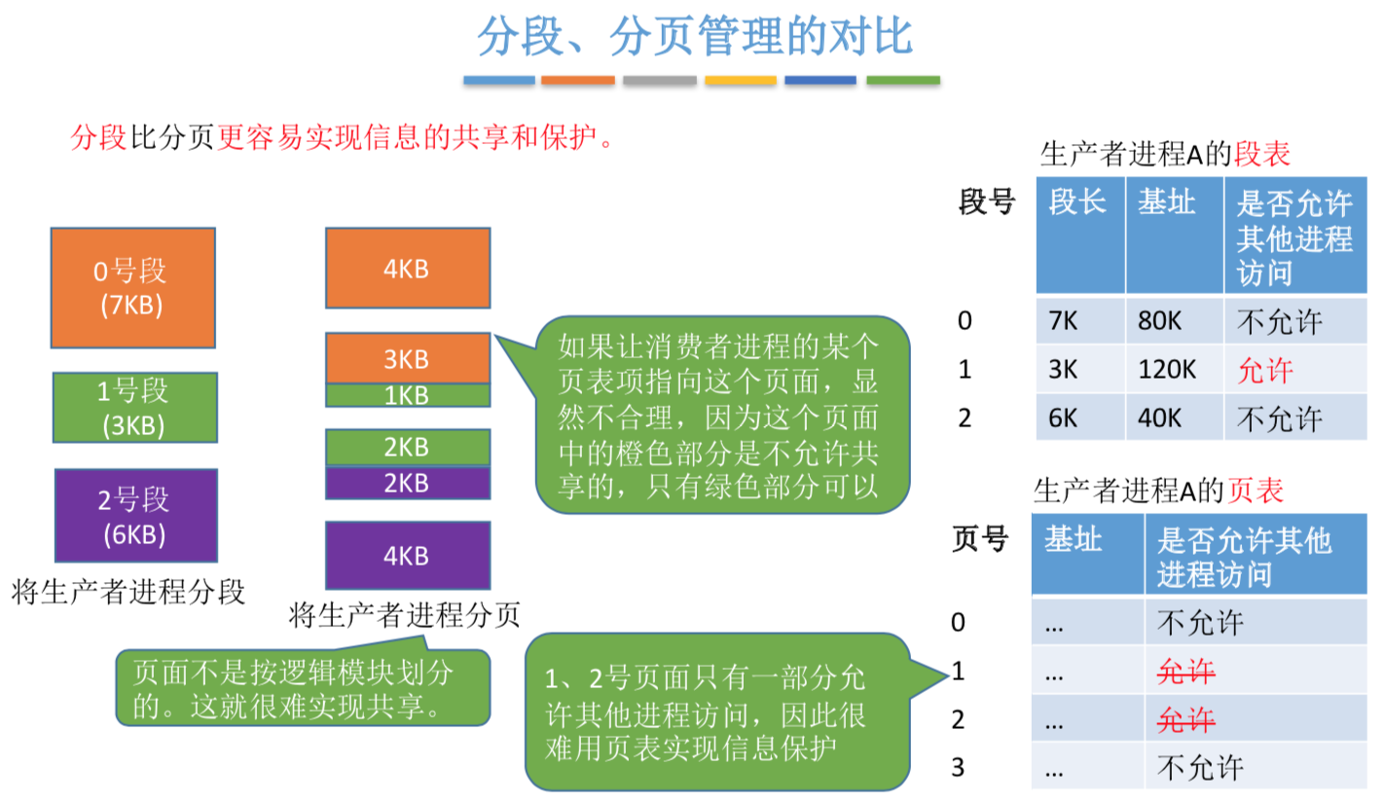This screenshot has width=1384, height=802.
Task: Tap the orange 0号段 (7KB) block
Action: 132,288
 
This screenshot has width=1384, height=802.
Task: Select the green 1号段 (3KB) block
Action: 132,408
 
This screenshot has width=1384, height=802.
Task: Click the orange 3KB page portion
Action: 407,358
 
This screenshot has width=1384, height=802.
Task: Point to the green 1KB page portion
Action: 407,395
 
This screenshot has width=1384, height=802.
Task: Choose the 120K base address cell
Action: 1174,370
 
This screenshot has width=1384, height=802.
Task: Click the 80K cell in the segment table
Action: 1174,321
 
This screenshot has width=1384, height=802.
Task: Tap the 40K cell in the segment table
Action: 1174,419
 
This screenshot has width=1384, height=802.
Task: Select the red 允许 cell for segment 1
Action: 1265,370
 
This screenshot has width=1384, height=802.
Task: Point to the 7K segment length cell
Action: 1078,321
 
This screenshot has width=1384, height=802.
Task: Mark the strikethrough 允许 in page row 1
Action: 1186,671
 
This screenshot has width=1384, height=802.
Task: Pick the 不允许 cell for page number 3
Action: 1201,767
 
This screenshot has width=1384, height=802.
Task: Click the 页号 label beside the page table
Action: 979,538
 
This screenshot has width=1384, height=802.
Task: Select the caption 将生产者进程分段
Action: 127,591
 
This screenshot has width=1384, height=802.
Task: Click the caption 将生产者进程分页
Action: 405,614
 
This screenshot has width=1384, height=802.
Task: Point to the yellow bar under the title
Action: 741,81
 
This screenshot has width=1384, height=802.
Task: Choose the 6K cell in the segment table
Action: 1078,419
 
